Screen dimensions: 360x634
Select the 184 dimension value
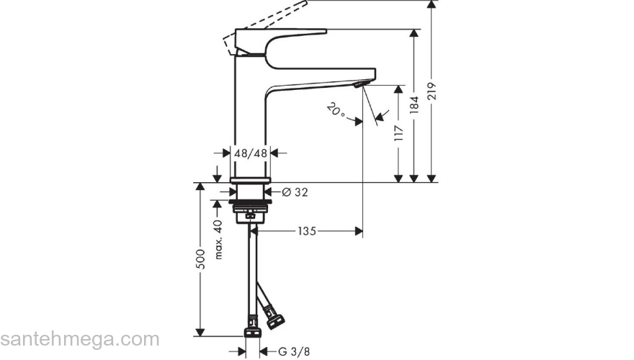pyautogui.click(x=414, y=106)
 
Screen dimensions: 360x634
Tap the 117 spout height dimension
pyautogui.click(x=398, y=132)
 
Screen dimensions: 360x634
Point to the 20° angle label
pyautogui.click(x=335, y=111)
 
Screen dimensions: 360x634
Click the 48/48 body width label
pyautogui.click(x=251, y=153)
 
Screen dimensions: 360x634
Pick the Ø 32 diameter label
pyautogui.click(x=295, y=192)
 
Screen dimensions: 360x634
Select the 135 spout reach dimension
pyautogui.click(x=307, y=231)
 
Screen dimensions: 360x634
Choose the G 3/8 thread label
pyautogui.click(x=294, y=351)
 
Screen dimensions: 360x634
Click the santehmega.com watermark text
pyautogui.click(x=79, y=339)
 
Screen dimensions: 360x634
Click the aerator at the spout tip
pyautogui.click(x=359, y=86)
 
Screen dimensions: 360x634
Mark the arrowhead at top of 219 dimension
pyautogui.click(x=432, y=4)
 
